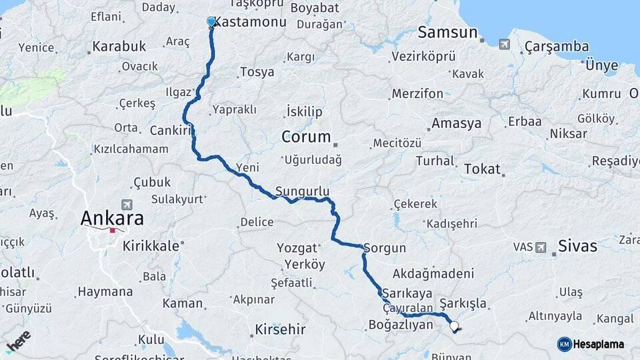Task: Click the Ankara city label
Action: [x=112, y=218]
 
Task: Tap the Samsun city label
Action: [x=447, y=32]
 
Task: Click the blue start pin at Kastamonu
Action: [x=212, y=22]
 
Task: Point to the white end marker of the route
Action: [x=455, y=326]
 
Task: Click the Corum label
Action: [x=306, y=137]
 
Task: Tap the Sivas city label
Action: [x=578, y=245]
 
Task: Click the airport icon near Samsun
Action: [x=503, y=45]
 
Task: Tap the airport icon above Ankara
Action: [x=126, y=204]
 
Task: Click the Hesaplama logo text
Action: [x=598, y=344]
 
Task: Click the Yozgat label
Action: [x=297, y=248]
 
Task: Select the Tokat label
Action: [x=482, y=169]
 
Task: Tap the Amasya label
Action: [x=456, y=123]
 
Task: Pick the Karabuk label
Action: [x=119, y=47]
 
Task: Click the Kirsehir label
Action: [x=280, y=329]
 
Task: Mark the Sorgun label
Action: [x=385, y=248]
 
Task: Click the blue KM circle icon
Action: [x=564, y=344]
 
